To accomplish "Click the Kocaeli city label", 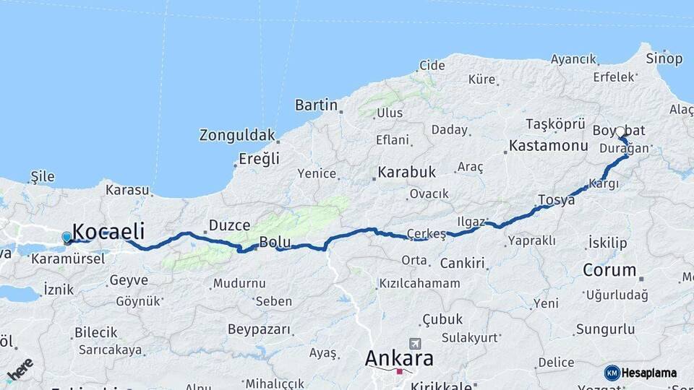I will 108,232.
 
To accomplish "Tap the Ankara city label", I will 399,358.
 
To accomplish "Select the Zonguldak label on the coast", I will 237,135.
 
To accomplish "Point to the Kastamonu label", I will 548,145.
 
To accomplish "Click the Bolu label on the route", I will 275,242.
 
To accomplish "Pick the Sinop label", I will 664,58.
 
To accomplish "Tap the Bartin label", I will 316,105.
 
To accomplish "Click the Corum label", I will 609,271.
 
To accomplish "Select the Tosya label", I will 556,199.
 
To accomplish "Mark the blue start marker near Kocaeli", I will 67,237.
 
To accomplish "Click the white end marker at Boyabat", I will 620,131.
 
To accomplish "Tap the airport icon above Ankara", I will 414,343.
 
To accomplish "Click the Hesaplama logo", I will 641,373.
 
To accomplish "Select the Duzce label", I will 229,225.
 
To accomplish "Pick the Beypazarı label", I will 260,329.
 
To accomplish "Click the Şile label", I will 43,176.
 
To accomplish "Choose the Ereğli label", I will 259,160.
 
